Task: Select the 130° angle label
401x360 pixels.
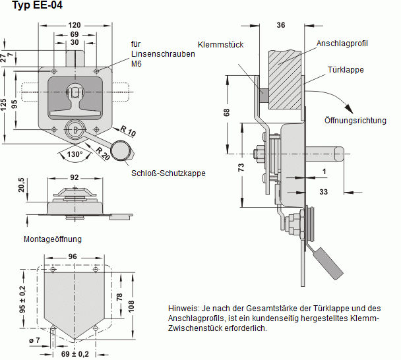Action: (x=75, y=154)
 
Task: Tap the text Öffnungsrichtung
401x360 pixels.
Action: (x=355, y=121)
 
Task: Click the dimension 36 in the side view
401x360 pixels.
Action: (x=281, y=26)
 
